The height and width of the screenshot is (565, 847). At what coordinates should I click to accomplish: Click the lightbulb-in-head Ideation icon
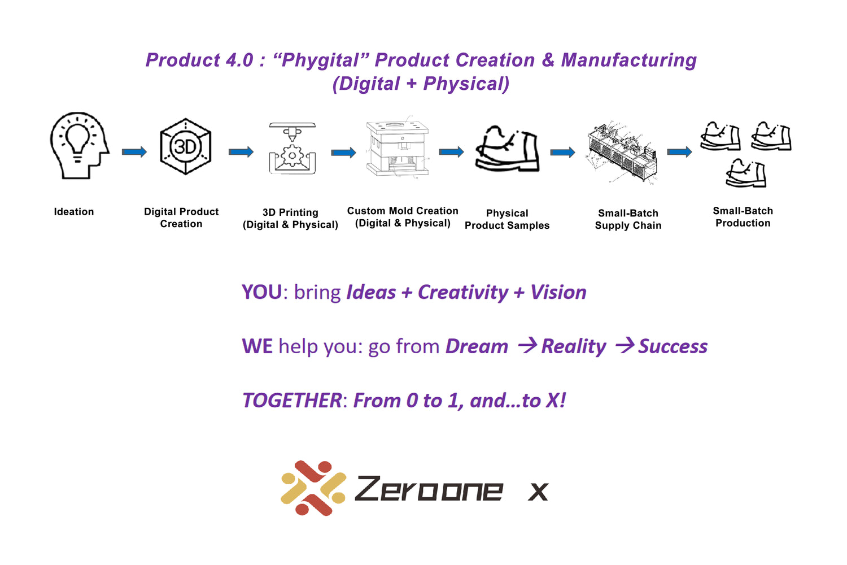coord(80,145)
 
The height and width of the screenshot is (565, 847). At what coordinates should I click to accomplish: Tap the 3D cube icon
coord(185,146)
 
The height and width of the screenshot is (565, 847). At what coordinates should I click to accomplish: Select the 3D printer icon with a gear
coord(292,148)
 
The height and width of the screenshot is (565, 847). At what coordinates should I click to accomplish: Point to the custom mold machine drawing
coord(398,147)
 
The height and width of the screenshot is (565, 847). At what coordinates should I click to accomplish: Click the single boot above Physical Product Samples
coord(507,149)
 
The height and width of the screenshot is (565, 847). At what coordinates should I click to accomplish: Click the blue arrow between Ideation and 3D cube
coord(134,152)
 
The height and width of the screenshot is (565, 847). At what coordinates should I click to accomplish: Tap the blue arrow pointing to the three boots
coord(679,152)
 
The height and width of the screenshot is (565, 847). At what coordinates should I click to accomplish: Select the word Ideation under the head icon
coord(74,211)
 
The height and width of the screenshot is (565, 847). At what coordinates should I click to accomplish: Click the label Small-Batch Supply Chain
coord(628,219)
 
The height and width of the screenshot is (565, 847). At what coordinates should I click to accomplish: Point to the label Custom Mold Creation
coord(403,211)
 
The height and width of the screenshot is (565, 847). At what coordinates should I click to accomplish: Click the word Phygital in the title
coord(320,60)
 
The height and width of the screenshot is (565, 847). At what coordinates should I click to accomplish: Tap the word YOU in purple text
coord(261,292)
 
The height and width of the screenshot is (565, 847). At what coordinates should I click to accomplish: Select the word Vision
coord(558,292)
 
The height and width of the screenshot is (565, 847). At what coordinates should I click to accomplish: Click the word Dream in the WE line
coord(477,346)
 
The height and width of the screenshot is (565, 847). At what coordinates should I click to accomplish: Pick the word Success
coord(673,346)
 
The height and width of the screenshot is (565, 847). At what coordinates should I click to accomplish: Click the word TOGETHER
coord(292,401)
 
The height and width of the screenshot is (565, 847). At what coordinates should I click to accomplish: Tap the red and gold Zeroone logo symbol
coord(313,488)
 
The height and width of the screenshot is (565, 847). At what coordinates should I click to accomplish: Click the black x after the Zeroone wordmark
coord(538,492)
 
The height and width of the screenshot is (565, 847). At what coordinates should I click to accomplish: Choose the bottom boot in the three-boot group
coord(746,173)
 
